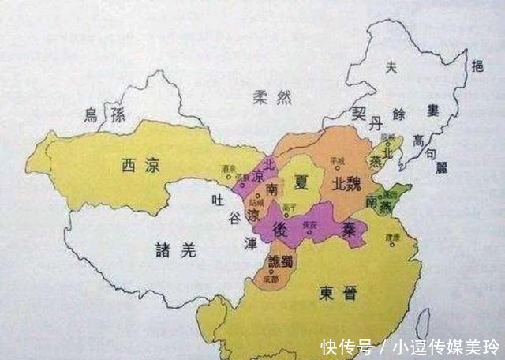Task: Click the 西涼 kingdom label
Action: [x=138, y=165]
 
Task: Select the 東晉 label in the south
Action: [x=338, y=294]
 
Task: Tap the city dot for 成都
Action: [x=271, y=272]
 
